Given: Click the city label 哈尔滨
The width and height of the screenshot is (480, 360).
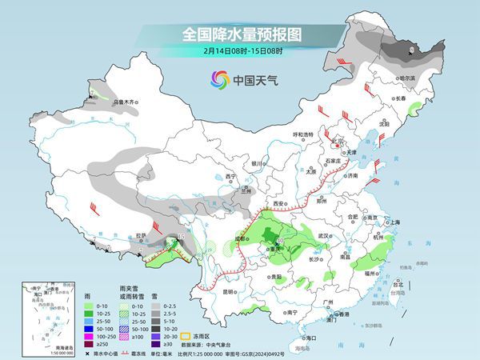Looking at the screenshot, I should [406, 78].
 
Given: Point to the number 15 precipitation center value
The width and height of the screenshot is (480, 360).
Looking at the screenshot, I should [181, 238].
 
